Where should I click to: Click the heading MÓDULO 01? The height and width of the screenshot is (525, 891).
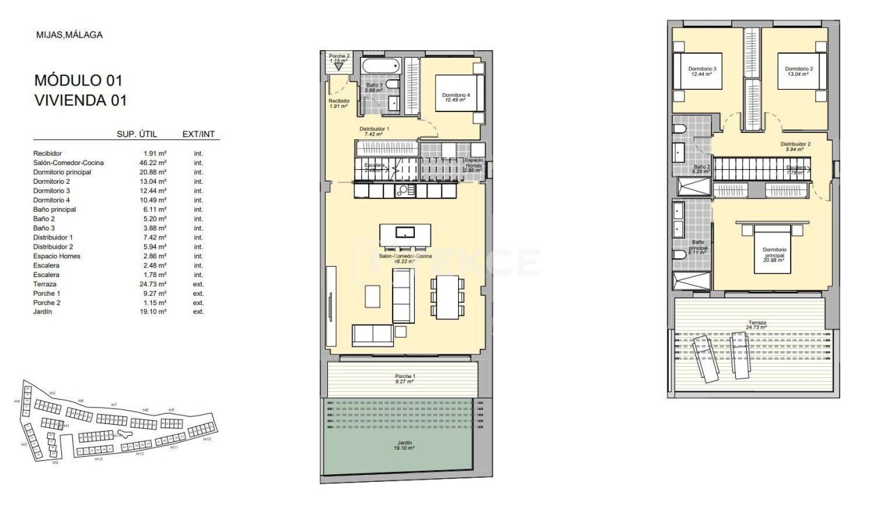tap(78, 80)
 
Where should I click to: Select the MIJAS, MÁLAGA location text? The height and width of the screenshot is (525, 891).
tap(69, 34)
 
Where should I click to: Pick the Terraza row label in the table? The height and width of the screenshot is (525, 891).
tap(45, 284)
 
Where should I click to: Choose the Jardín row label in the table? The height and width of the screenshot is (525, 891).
tap(43, 312)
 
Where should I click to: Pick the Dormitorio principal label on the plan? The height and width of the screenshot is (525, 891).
tap(774, 252)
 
